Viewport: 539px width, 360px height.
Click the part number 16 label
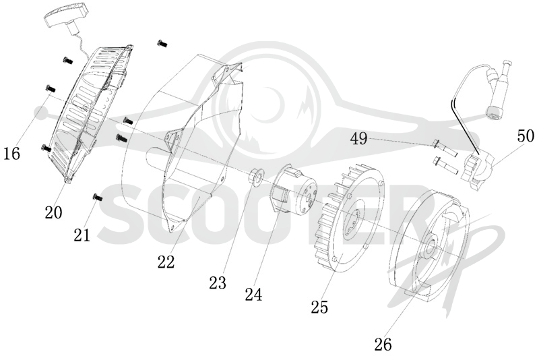click(12, 153)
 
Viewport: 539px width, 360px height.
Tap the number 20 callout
click(54, 212)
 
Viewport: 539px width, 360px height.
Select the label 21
click(82, 235)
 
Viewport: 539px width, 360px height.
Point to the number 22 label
click(166, 262)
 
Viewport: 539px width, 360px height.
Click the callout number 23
click(218, 282)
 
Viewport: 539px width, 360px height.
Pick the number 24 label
click(254, 295)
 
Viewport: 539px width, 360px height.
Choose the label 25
click(319, 307)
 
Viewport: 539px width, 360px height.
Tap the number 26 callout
click(383, 344)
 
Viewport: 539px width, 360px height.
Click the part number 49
click(359, 139)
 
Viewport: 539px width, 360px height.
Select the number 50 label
click(526, 136)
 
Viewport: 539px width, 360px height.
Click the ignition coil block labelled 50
click(478, 170)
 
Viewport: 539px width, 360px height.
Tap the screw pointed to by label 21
click(98, 198)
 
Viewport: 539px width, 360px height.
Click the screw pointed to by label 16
click(50, 88)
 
